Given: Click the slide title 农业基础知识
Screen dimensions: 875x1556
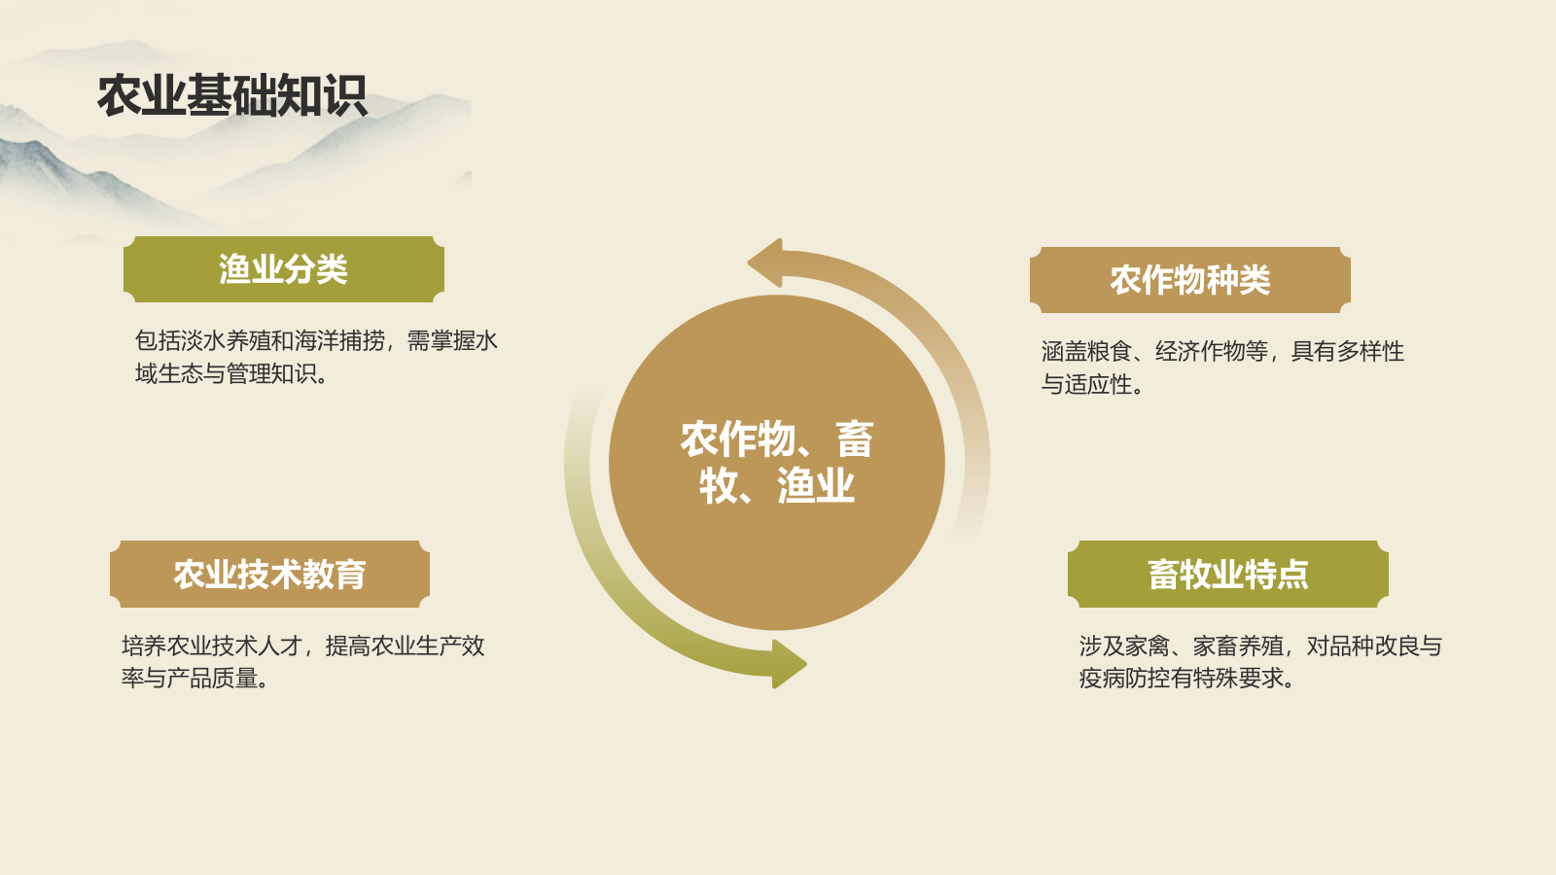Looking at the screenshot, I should (231, 95).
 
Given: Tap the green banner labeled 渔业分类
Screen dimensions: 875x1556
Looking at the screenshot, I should (283, 269).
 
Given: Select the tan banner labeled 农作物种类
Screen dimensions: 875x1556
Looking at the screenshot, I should (1189, 280).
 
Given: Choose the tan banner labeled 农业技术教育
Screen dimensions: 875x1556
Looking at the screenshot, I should (269, 574).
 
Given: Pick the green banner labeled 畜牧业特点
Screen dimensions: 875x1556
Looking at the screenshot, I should (1227, 574).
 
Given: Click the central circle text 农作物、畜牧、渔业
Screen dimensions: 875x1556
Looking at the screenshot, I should (776, 462).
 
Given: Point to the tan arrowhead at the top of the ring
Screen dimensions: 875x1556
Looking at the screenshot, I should (765, 262).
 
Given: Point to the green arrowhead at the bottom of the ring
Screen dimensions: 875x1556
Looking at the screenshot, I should (788, 664).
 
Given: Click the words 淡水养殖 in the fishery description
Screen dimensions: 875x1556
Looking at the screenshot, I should (226, 341).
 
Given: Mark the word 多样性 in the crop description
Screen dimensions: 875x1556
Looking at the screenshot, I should (1370, 352).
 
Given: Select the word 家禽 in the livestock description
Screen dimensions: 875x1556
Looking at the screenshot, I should (1147, 647).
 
